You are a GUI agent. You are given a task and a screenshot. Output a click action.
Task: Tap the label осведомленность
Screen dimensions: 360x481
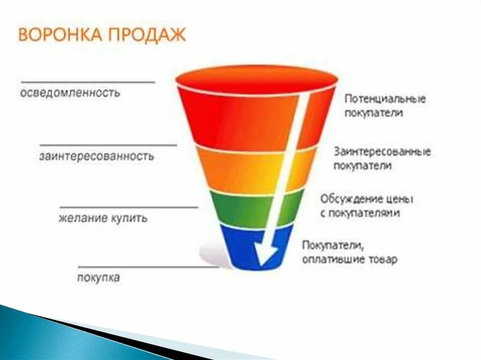click(x=70, y=92)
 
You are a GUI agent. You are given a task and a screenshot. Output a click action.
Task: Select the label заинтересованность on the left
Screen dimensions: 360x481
click(x=96, y=156)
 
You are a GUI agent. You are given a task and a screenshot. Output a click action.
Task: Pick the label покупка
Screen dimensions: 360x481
click(x=98, y=277)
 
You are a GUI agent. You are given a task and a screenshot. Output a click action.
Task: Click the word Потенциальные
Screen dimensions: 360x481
click(x=385, y=99)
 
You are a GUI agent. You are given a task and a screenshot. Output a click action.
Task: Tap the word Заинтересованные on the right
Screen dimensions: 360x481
click(x=382, y=152)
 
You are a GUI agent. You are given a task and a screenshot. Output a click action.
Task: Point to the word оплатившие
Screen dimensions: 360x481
click(x=334, y=259)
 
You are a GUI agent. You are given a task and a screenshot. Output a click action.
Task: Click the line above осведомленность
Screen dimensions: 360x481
click(x=88, y=82)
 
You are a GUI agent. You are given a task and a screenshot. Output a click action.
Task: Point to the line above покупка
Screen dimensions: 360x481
click(x=148, y=267)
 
